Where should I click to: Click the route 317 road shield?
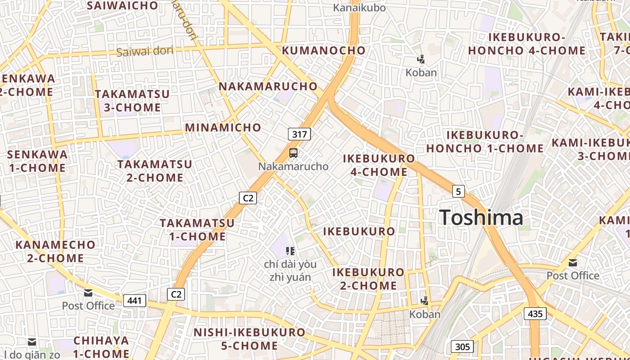(x=299, y=134)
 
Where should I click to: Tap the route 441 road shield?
(x=135, y=301)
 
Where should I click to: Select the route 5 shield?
(x=458, y=192)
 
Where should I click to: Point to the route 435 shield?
(x=535, y=314)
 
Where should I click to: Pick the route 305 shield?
(x=462, y=346)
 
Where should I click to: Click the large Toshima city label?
(x=481, y=218)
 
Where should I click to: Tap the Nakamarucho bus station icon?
(x=293, y=153)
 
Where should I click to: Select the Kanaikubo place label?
(x=359, y=8)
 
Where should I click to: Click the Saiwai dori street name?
(x=144, y=51)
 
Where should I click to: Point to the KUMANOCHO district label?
(x=324, y=50)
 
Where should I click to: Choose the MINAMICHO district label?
(x=223, y=127)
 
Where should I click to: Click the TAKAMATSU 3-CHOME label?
(x=132, y=101)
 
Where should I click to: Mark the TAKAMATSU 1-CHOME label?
(x=197, y=229)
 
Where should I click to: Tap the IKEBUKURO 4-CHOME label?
(x=378, y=165)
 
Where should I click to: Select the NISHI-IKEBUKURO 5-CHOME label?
(x=249, y=339)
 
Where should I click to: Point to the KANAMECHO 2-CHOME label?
(x=55, y=252)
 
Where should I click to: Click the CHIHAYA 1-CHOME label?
(x=101, y=346)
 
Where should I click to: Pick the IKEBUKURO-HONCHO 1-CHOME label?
(x=485, y=142)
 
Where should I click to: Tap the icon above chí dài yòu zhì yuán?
(x=290, y=251)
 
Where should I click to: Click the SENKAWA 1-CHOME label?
(x=37, y=161)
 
